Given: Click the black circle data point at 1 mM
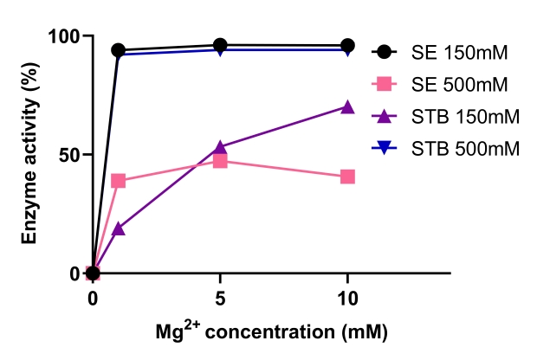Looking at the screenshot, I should (119, 50).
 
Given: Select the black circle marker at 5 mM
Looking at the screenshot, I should (220, 45).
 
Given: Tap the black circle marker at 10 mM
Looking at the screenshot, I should (347, 45).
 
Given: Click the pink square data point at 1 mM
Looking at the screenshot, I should (119, 181).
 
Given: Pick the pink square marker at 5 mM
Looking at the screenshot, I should (220, 161).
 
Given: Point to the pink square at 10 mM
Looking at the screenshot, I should (347, 177).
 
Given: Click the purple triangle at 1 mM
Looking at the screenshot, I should (119, 229).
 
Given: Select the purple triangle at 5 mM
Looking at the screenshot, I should (220, 147).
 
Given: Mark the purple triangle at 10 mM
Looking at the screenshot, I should (347, 107).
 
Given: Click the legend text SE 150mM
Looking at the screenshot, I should (459, 53).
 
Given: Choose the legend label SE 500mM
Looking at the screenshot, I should (459, 84).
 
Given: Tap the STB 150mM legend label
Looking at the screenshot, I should (465, 116).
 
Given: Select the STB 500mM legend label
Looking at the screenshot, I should (465, 148).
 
